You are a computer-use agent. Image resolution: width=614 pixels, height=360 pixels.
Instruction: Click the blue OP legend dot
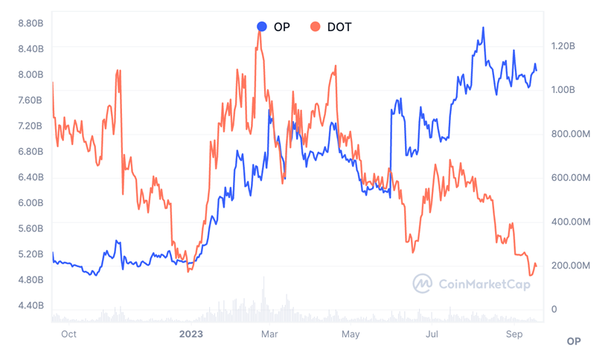(262, 27)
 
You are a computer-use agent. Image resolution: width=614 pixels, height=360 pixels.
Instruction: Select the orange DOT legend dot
(316, 27)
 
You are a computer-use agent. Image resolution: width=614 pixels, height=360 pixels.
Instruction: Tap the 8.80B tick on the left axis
(31, 24)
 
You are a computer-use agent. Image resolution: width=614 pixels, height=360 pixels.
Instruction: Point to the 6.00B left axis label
(31, 203)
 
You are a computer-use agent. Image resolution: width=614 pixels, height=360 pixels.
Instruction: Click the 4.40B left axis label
(31, 306)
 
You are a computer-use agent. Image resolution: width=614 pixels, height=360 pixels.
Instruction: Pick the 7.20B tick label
(31, 126)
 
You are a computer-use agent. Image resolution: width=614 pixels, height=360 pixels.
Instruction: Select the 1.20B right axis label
(563, 46)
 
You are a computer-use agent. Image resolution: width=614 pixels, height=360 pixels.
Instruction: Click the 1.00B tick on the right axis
(563, 90)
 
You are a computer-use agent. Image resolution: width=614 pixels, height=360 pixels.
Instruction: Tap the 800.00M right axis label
(570, 134)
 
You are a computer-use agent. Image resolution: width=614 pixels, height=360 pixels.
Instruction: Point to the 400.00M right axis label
(570, 222)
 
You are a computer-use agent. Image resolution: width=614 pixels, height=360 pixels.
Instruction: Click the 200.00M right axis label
(570, 266)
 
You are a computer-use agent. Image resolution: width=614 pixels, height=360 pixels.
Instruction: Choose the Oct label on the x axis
(68, 335)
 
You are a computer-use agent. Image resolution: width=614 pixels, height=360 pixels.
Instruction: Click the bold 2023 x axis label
(191, 335)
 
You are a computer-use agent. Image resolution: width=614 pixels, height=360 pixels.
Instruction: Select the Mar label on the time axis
(269, 335)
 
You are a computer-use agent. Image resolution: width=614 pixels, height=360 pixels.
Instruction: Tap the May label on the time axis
(351, 335)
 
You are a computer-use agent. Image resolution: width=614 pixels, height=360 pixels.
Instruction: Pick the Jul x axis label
(432, 335)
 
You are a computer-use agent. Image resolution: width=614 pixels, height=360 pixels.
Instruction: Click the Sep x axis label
(514, 335)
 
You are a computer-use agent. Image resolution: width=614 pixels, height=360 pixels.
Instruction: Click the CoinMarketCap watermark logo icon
(423, 283)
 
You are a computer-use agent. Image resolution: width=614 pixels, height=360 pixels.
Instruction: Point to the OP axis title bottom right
(573, 341)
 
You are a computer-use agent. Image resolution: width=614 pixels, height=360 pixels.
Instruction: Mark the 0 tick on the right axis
(554, 309)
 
